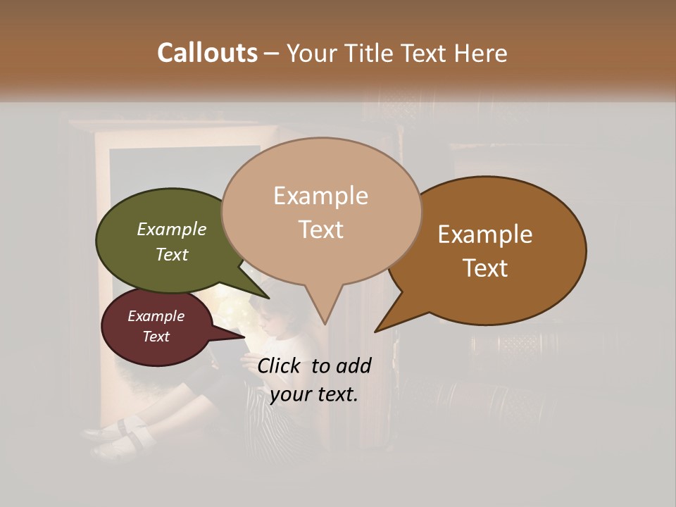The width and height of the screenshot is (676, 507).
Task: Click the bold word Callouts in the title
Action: click(x=207, y=53)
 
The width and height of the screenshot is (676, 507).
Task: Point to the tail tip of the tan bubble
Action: click(x=325, y=323)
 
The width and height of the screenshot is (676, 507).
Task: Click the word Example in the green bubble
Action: click(x=171, y=230)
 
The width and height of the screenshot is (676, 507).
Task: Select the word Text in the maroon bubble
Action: click(x=156, y=337)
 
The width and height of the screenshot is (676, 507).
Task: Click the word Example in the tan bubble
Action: click(x=320, y=196)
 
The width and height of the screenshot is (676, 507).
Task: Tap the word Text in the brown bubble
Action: click(x=486, y=268)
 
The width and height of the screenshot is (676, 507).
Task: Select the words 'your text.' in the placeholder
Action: click(x=313, y=394)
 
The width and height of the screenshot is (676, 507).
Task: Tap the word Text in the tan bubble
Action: click(x=321, y=230)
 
